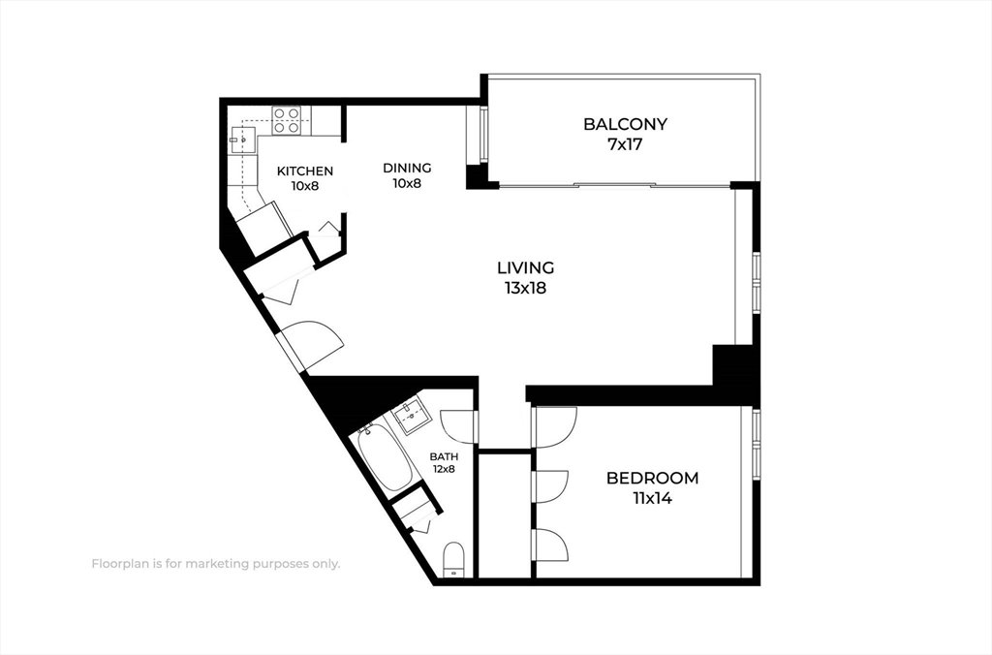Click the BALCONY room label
625,124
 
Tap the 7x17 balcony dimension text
625,144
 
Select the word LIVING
525,267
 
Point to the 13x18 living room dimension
525,288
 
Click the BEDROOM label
652,478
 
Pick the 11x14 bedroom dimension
652,498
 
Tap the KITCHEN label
305,171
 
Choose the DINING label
407,168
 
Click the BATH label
444,456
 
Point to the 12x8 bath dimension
444,469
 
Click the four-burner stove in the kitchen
286,120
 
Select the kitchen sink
242,140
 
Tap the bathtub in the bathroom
385,459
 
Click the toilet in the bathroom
453,559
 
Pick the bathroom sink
412,417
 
